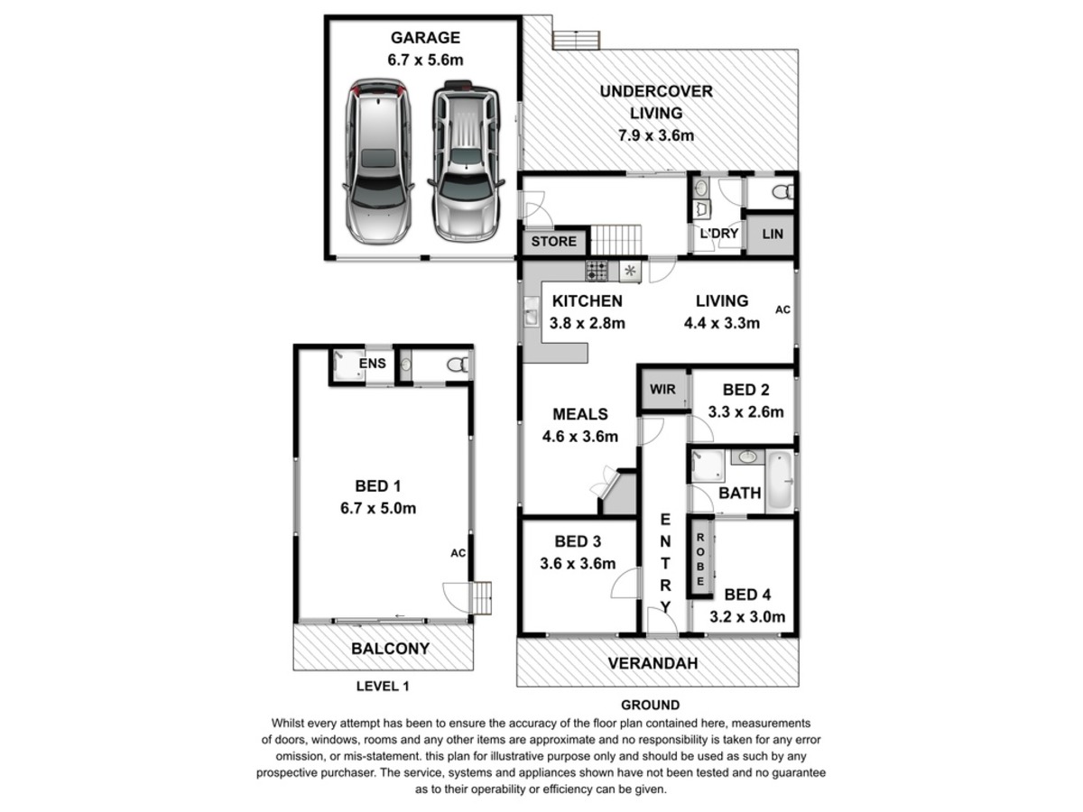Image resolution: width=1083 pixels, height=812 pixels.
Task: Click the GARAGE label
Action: (x=425, y=38)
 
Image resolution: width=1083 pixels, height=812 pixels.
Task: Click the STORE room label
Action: (x=553, y=242)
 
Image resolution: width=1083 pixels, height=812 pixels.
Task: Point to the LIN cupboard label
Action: (x=773, y=235)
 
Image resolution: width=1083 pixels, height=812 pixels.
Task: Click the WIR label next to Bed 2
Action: (x=663, y=391)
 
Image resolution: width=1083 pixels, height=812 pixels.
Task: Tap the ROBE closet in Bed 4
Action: (x=700, y=557)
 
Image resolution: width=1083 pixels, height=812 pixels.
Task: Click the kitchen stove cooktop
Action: (x=597, y=269)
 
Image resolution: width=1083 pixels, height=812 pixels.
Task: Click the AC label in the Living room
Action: (x=782, y=309)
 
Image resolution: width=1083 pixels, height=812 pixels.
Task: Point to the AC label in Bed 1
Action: (x=458, y=552)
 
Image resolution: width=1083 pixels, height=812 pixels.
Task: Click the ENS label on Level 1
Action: (x=373, y=364)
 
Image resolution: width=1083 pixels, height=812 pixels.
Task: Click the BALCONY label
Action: (x=390, y=648)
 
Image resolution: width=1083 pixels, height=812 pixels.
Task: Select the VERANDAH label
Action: (x=653, y=663)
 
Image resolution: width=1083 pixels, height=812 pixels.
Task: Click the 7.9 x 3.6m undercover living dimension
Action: (x=656, y=136)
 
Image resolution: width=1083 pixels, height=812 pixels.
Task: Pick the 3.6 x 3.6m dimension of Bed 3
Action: (x=578, y=564)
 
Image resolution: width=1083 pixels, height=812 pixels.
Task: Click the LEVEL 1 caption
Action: (x=383, y=687)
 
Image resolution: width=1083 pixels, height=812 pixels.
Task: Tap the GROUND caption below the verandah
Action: (x=650, y=705)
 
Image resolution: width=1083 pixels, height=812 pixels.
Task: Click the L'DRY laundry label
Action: (x=719, y=234)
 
